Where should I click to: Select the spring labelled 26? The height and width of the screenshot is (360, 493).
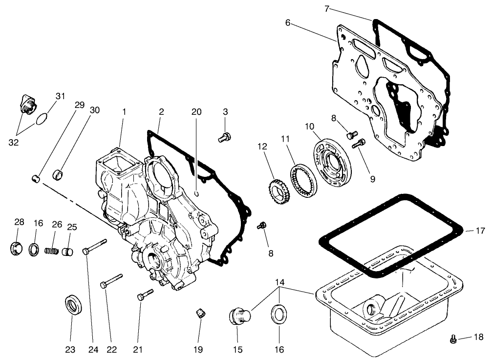51,251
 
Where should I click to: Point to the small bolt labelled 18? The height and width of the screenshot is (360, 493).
453,338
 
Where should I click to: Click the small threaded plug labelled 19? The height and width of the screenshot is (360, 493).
199,313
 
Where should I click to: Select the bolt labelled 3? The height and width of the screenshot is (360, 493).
224,138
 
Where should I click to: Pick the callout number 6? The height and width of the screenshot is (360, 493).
288,22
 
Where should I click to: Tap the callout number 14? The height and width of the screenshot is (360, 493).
279,282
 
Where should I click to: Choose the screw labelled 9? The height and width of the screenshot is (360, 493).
360,143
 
